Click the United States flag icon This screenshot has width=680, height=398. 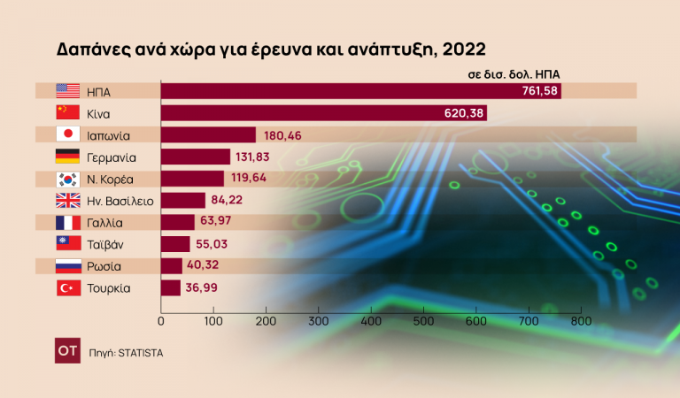[x=67, y=91]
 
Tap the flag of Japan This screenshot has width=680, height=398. [x=67, y=134]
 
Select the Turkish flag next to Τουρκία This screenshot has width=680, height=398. [x=67, y=287]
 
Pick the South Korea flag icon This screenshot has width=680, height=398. [x=67, y=179]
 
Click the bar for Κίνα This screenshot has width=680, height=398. [x=323, y=113]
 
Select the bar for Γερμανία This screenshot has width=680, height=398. [x=195, y=157]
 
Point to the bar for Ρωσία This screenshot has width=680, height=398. [x=171, y=266]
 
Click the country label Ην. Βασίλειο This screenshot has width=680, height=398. [x=120, y=201]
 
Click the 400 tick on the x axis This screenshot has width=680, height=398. [x=371, y=321]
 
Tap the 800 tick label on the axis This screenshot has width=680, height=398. [x=581, y=321]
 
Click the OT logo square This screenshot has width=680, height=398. [x=67, y=351]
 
